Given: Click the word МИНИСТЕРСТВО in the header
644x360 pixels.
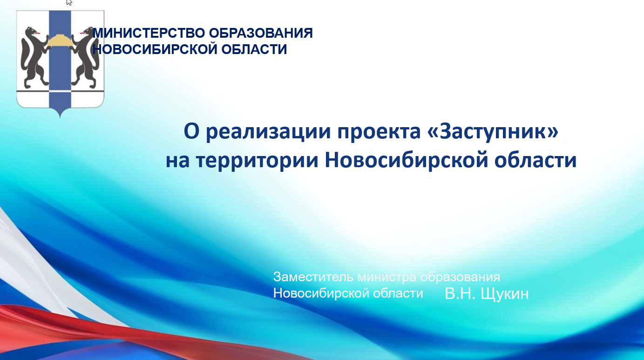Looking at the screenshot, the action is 149,33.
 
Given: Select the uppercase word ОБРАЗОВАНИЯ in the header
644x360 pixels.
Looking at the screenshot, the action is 261,33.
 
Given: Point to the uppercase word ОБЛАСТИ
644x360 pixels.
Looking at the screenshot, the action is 254,49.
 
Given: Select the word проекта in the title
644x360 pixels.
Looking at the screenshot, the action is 379,132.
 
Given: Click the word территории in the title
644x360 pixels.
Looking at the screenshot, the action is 258,161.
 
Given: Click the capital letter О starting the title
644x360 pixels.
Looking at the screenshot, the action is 191,131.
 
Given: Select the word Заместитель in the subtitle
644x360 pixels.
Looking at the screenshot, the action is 313,277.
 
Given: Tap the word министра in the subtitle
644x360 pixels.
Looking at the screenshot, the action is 386,278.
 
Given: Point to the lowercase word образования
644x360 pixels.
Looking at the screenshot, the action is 460,278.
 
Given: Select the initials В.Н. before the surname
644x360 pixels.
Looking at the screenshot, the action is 460,293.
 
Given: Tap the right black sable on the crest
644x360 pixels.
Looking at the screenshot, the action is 86,57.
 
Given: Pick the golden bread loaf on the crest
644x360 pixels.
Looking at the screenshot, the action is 60,41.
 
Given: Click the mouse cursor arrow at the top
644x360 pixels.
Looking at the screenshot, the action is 69,2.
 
